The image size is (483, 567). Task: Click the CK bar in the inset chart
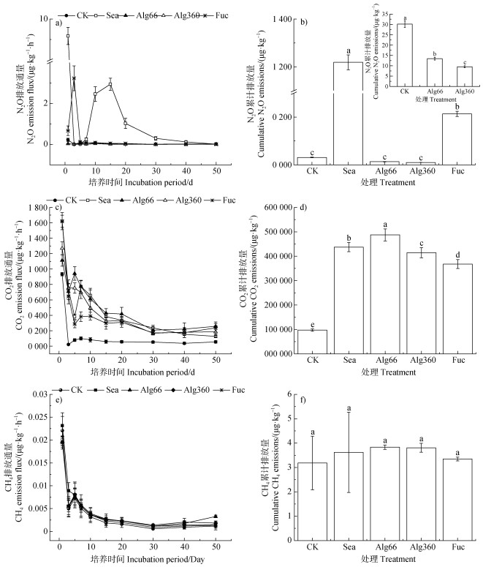(404, 55)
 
